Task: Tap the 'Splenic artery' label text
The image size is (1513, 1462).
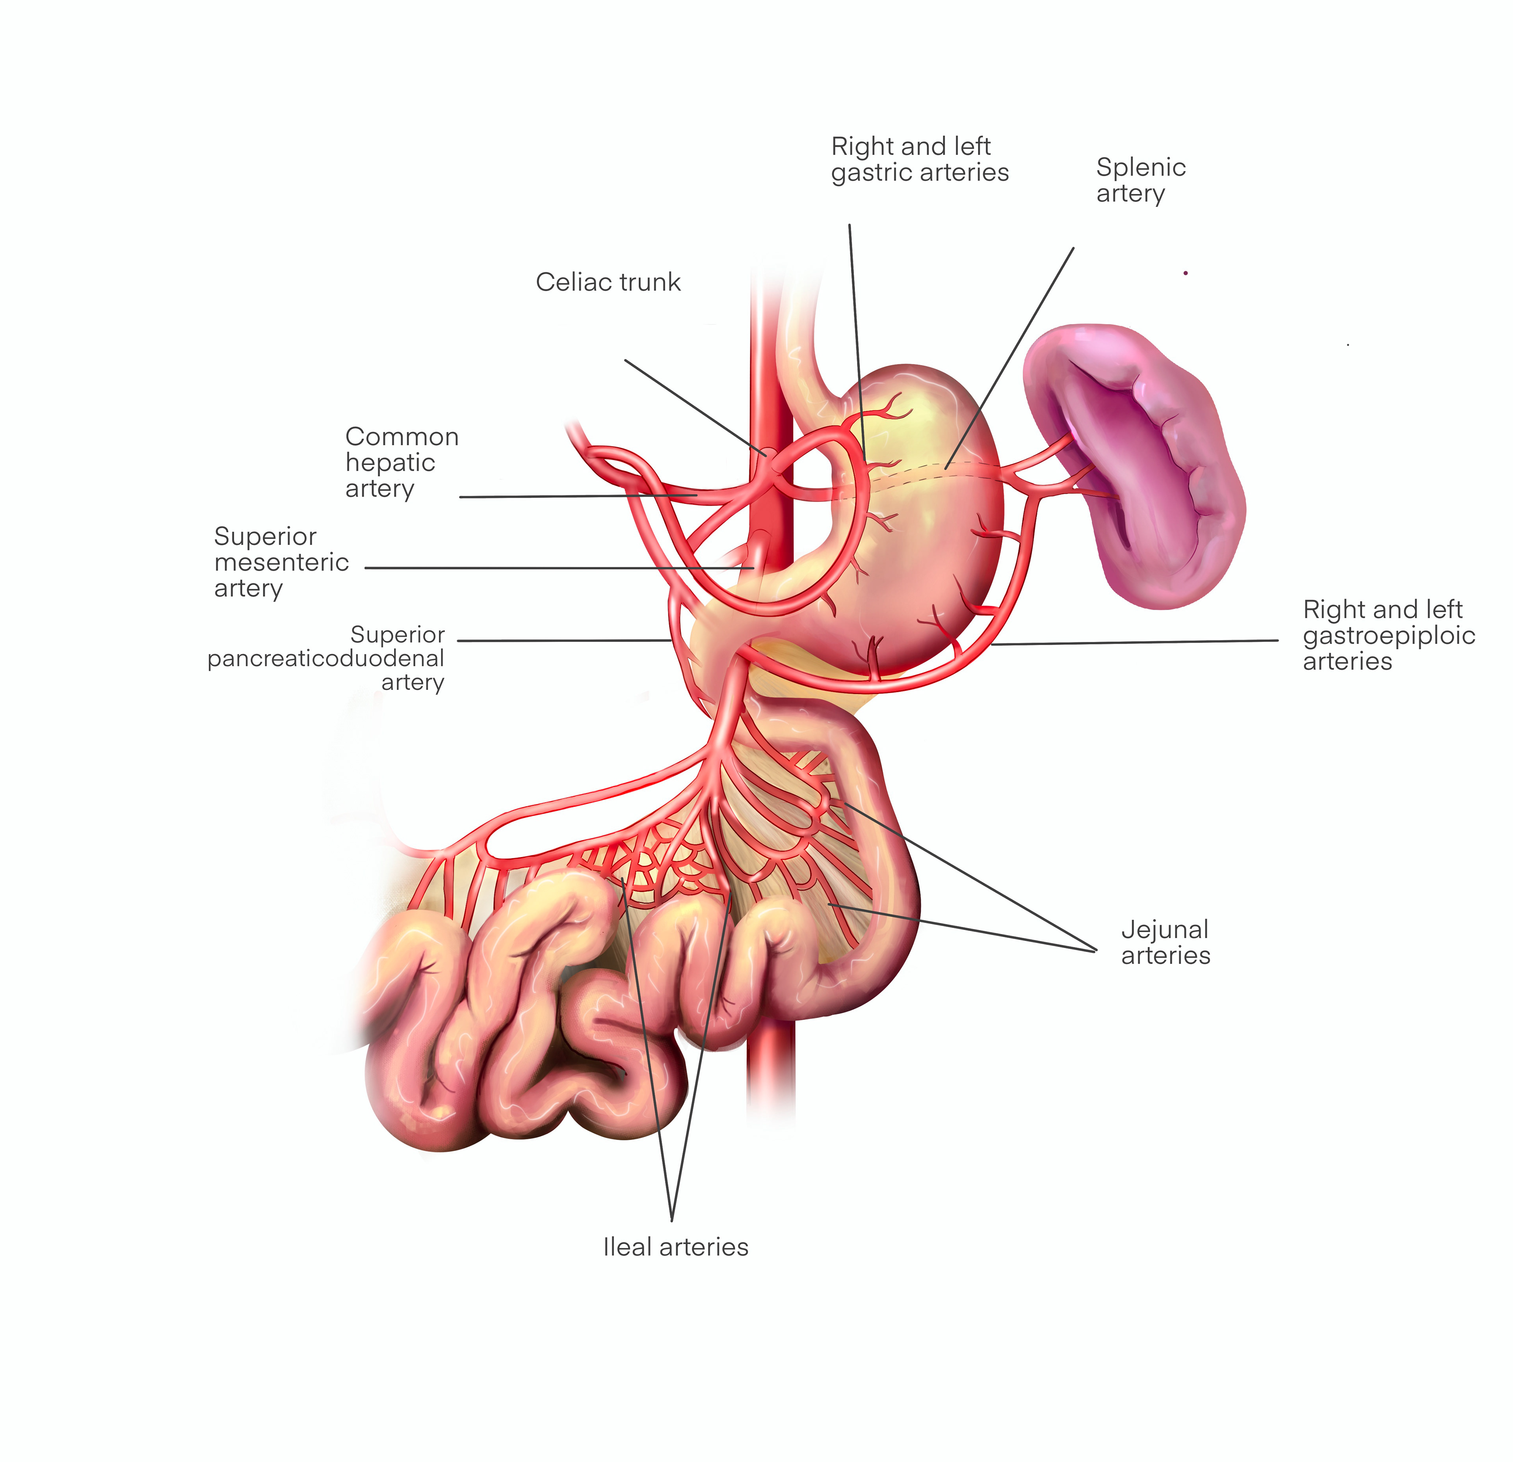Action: click(x=1140, y=180)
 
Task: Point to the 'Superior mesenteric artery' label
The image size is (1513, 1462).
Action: click(x=281, y=562)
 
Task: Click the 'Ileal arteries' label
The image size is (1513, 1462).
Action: click(x=675, y=1246)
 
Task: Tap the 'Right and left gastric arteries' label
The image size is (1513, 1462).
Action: click(x=919, y=159)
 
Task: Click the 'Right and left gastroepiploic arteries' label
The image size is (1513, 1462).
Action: click(x=1388, y=635)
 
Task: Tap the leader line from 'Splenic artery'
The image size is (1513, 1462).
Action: click(x=1011, y=355)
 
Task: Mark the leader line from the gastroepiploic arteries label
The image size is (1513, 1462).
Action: click(x=1135, y=642)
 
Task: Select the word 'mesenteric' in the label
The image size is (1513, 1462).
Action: click(x=281, y=562)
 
